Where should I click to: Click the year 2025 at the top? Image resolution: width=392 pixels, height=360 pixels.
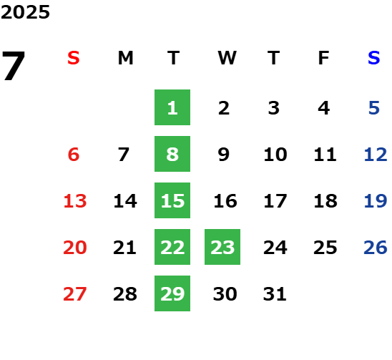pyautogui.click(x=25, y=12)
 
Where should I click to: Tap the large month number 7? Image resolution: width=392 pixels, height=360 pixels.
pyautogui.click(x=14, y=66)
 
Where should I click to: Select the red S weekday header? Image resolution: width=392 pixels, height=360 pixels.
pyautogui.click(x=74, y=58)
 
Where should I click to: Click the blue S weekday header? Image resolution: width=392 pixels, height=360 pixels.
pyautogui.click(x=374, y=58)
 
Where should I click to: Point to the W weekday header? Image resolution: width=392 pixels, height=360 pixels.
pyautogui.click(x=227, y=58)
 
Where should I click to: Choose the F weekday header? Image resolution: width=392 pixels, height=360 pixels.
pyautogui.click(x=324, y=58)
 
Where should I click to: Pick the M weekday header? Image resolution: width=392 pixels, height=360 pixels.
pyautogui.click(x=125, y=58)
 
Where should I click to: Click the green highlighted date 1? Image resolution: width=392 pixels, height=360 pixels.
pyautogui.click(x=172, y=107)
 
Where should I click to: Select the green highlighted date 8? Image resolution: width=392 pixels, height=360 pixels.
pyautogui.click(x=172, y=154)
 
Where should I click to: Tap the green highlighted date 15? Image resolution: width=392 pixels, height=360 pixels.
pyautogui.click(x=172, y=200)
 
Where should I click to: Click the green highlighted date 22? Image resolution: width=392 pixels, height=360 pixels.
pyautogui.click(x=172, y=247)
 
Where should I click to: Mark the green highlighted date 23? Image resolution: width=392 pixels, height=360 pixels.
pyautogui.click(x=222, y=247)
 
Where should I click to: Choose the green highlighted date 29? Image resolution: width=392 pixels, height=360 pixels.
pyautogui.click(x=172, y=293)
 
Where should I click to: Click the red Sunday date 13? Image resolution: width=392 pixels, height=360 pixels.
pyautogui.click(x=75, y=201)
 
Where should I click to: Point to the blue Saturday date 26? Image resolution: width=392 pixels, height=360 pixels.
pyautogui.click(x=376, y=248)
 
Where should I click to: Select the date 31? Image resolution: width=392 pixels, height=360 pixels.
pyautogui.click(x=275, y=294)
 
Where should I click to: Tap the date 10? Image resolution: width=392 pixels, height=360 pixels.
pyautogui.click(x=275, y=155)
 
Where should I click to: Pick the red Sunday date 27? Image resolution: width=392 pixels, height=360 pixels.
pyautogui.click(x=75, y=294)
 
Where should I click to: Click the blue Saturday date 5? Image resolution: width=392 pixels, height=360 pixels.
pyautogui.click(x=374, y=108)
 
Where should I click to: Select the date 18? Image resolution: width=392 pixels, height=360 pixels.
pyautogui.click(x=325, y=201)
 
